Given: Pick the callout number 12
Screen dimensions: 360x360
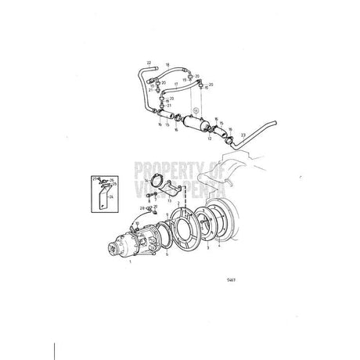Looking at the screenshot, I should click(x=209, y=138).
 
